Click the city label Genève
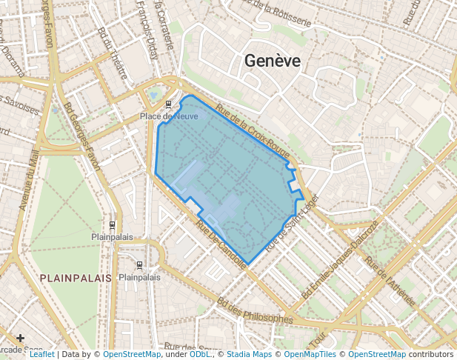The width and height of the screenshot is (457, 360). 273,61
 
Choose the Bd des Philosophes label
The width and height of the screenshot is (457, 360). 255,311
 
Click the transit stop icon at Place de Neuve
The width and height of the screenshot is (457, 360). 169,104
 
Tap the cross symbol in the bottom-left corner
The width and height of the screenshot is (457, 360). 19,339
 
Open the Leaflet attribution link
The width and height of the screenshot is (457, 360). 41,355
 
